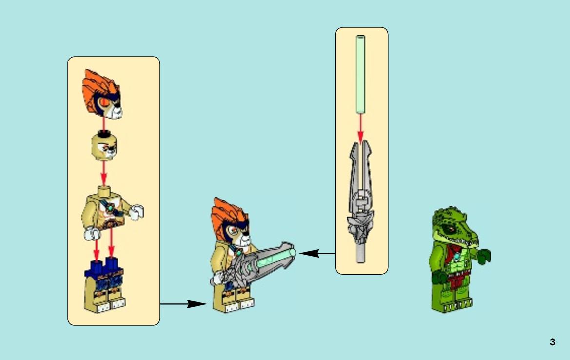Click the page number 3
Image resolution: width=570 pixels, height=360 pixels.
pyautogui.click(x=552, y=342)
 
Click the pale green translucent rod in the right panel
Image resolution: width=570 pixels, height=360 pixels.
pyautogui.click(x=360, y=74)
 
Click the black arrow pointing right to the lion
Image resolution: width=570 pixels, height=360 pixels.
pyautogui.click(x=183, y=304)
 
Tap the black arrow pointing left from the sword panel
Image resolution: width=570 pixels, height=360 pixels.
pyautogui.click(x=317, y=253)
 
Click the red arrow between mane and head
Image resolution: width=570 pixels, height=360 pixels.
pyautogui.click(x=103, y=125)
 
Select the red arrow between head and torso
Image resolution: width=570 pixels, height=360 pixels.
pyautogui.click(x=103, y=173)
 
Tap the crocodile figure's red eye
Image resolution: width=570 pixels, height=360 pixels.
pyautogui.click(x=450, y=229)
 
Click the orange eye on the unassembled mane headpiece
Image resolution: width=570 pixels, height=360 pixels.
pyautogui.click(x=104, y=102)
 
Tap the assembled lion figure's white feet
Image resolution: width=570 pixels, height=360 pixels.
pyautogui.click(x=239, y=305)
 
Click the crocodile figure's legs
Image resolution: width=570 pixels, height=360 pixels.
pyautogui.click(x=452, y=295)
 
